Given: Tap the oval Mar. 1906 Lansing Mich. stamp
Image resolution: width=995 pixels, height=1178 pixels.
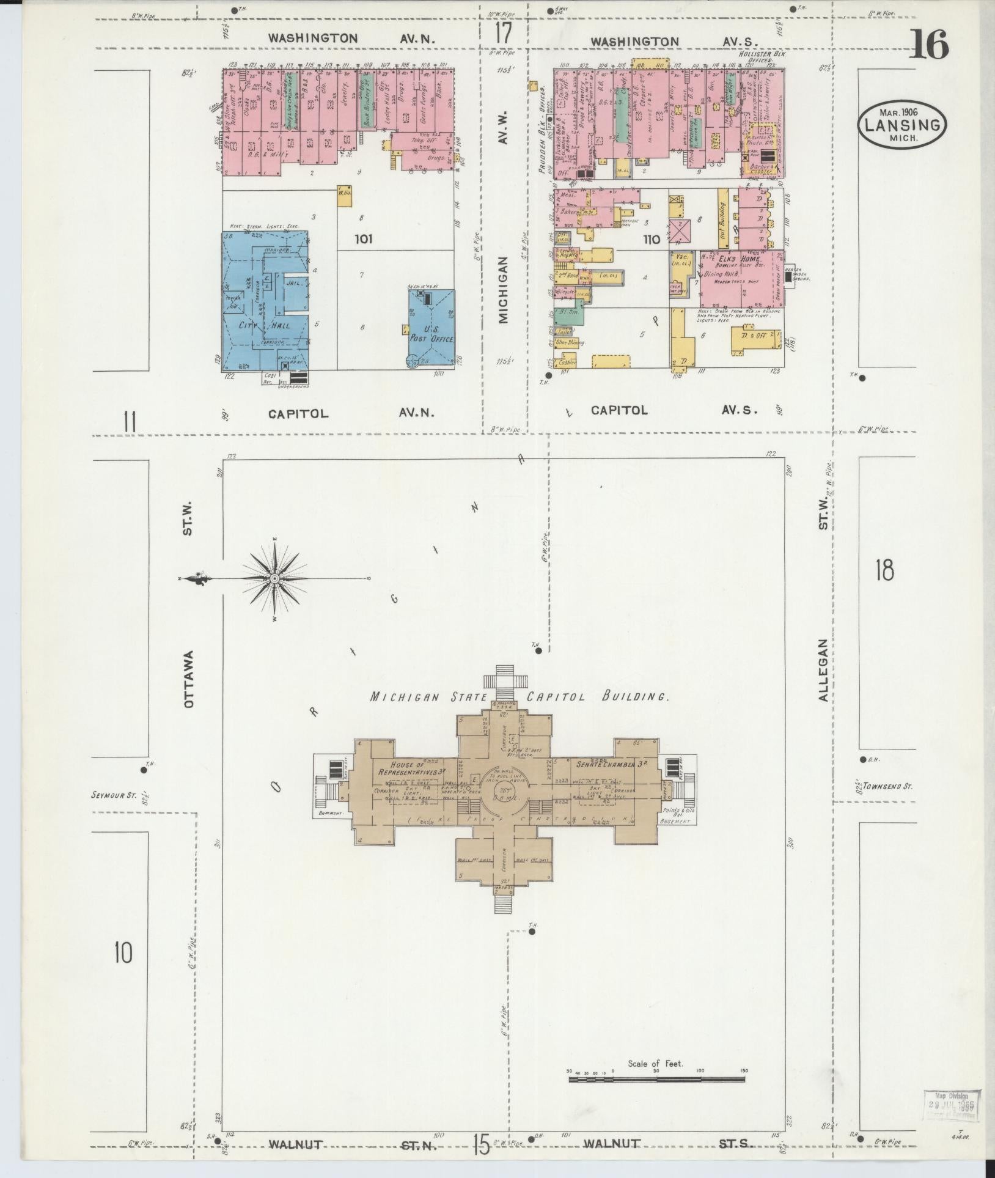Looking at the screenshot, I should point(901,125).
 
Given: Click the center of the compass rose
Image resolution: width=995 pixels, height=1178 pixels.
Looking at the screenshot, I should point(275,578).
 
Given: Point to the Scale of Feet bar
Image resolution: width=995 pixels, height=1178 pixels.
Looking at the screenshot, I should point(657,1080).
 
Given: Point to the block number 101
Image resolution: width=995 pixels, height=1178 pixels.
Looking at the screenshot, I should point(363,239).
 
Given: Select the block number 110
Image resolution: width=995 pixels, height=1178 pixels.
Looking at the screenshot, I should point(652,240).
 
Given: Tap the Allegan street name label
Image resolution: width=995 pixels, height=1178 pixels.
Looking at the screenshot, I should point(824,669).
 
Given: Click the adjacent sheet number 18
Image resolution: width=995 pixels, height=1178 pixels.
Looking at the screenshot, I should point(884,569).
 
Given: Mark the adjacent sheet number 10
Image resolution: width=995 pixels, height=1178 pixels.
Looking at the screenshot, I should point(123,952).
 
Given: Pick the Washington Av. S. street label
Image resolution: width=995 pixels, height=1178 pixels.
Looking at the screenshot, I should point(672,42).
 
